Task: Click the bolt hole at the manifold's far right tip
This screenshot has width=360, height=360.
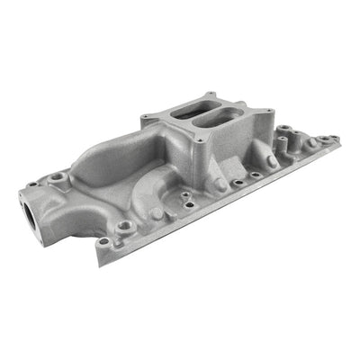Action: point(334,139)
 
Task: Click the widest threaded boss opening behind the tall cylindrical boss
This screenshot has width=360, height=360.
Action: point(310,143)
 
